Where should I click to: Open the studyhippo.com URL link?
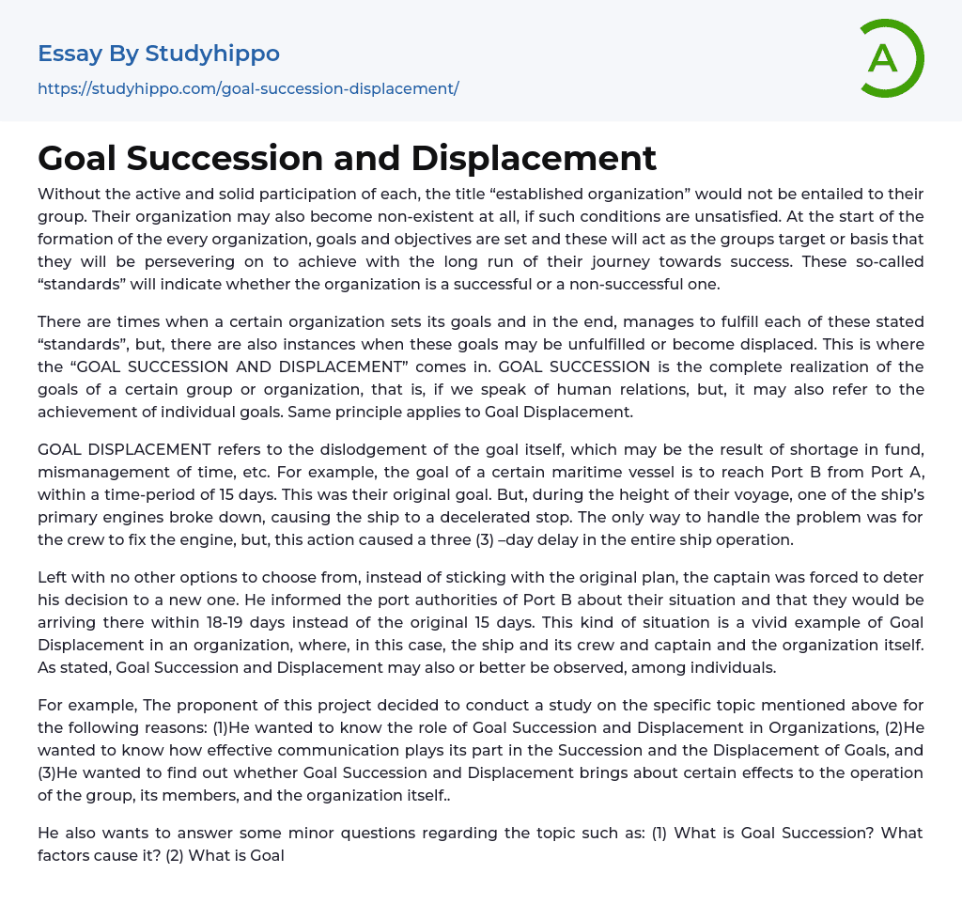point(248,89)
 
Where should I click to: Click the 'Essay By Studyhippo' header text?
point(159,54)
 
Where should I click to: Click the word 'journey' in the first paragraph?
point(665,261)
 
